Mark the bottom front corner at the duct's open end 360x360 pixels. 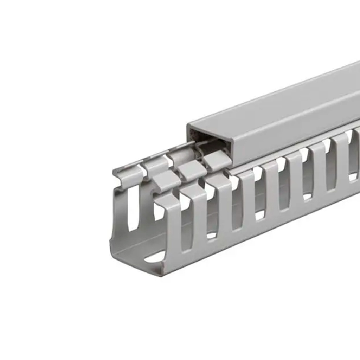(x=162, y=273)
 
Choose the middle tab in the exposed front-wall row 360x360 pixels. (x=192, y=170)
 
